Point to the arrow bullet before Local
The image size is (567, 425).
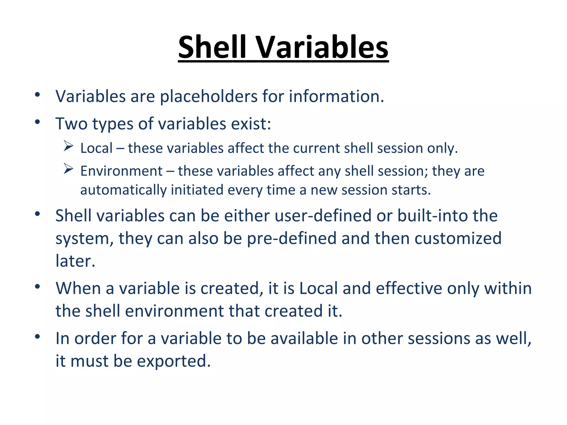[x=68, y=146]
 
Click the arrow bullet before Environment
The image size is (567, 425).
[x=68, y=169]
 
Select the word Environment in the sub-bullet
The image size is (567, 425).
[x=121, y=171]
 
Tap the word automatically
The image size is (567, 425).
[x=123, y=190]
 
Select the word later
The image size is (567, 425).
[x=75, y=261]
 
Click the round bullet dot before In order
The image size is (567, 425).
[x=38, y=336]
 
